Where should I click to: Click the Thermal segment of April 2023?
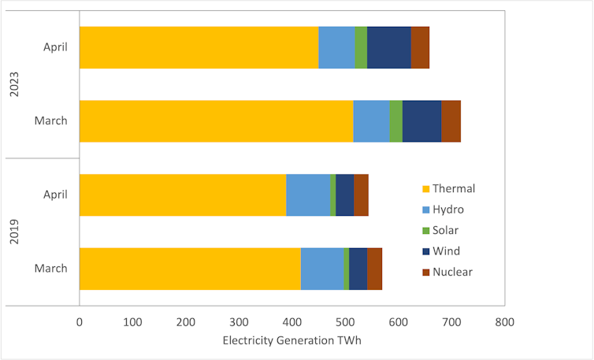pos(199,47)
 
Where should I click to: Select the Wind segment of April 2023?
pos(388,47)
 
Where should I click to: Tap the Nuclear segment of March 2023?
pos(451,121)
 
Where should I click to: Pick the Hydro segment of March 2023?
pos(371,121)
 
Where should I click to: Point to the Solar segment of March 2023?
pos(395,121)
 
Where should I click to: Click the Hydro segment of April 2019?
pos(308,195)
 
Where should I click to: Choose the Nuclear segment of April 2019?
pos(361,195)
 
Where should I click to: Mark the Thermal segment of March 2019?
pos(190,269)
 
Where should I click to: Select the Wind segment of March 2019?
pos(358,269)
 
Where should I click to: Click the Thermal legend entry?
pos(448,188)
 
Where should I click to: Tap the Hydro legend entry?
pos(443,210)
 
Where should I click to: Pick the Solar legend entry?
pos(440,231)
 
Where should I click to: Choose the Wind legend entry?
pos(441,251)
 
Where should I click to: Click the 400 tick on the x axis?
pos(291,321)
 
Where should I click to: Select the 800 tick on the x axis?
pos(504,321)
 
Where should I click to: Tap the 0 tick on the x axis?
pos(80,321)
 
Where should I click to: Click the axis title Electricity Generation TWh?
pos(291,340)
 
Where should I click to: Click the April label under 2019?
pos(55,195)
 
